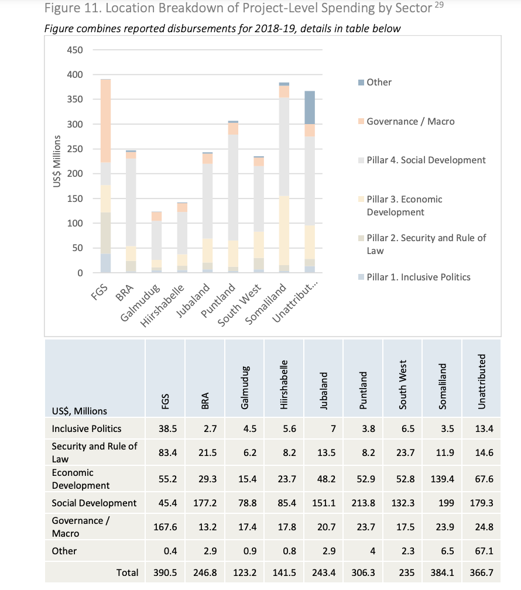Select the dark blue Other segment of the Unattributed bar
(310, 108)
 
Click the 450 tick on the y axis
(75, 50)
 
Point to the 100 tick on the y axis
(75, 224)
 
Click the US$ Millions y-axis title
(57, 161)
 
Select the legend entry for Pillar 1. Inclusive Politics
(419, 277)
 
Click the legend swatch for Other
(361, 83)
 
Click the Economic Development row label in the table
(80, 479)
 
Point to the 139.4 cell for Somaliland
(440, 479)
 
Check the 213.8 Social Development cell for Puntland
(362, 503)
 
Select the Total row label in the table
(127, 572)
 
